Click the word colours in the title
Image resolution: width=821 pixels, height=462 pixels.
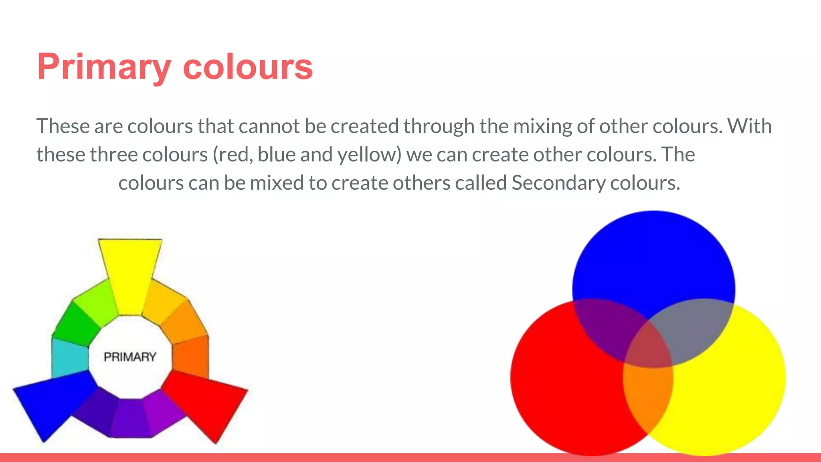click(x=248, y=67)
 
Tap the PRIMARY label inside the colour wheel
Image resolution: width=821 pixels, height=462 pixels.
click(x=130, y=357)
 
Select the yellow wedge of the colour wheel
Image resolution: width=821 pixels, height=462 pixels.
click(x=130, y=273)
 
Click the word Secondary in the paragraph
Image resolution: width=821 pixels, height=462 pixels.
click(x=558, y=183)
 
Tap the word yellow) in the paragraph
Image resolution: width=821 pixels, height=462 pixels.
click(x=369, y=155)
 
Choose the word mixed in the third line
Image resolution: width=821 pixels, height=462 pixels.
click(x=277, y=183)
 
